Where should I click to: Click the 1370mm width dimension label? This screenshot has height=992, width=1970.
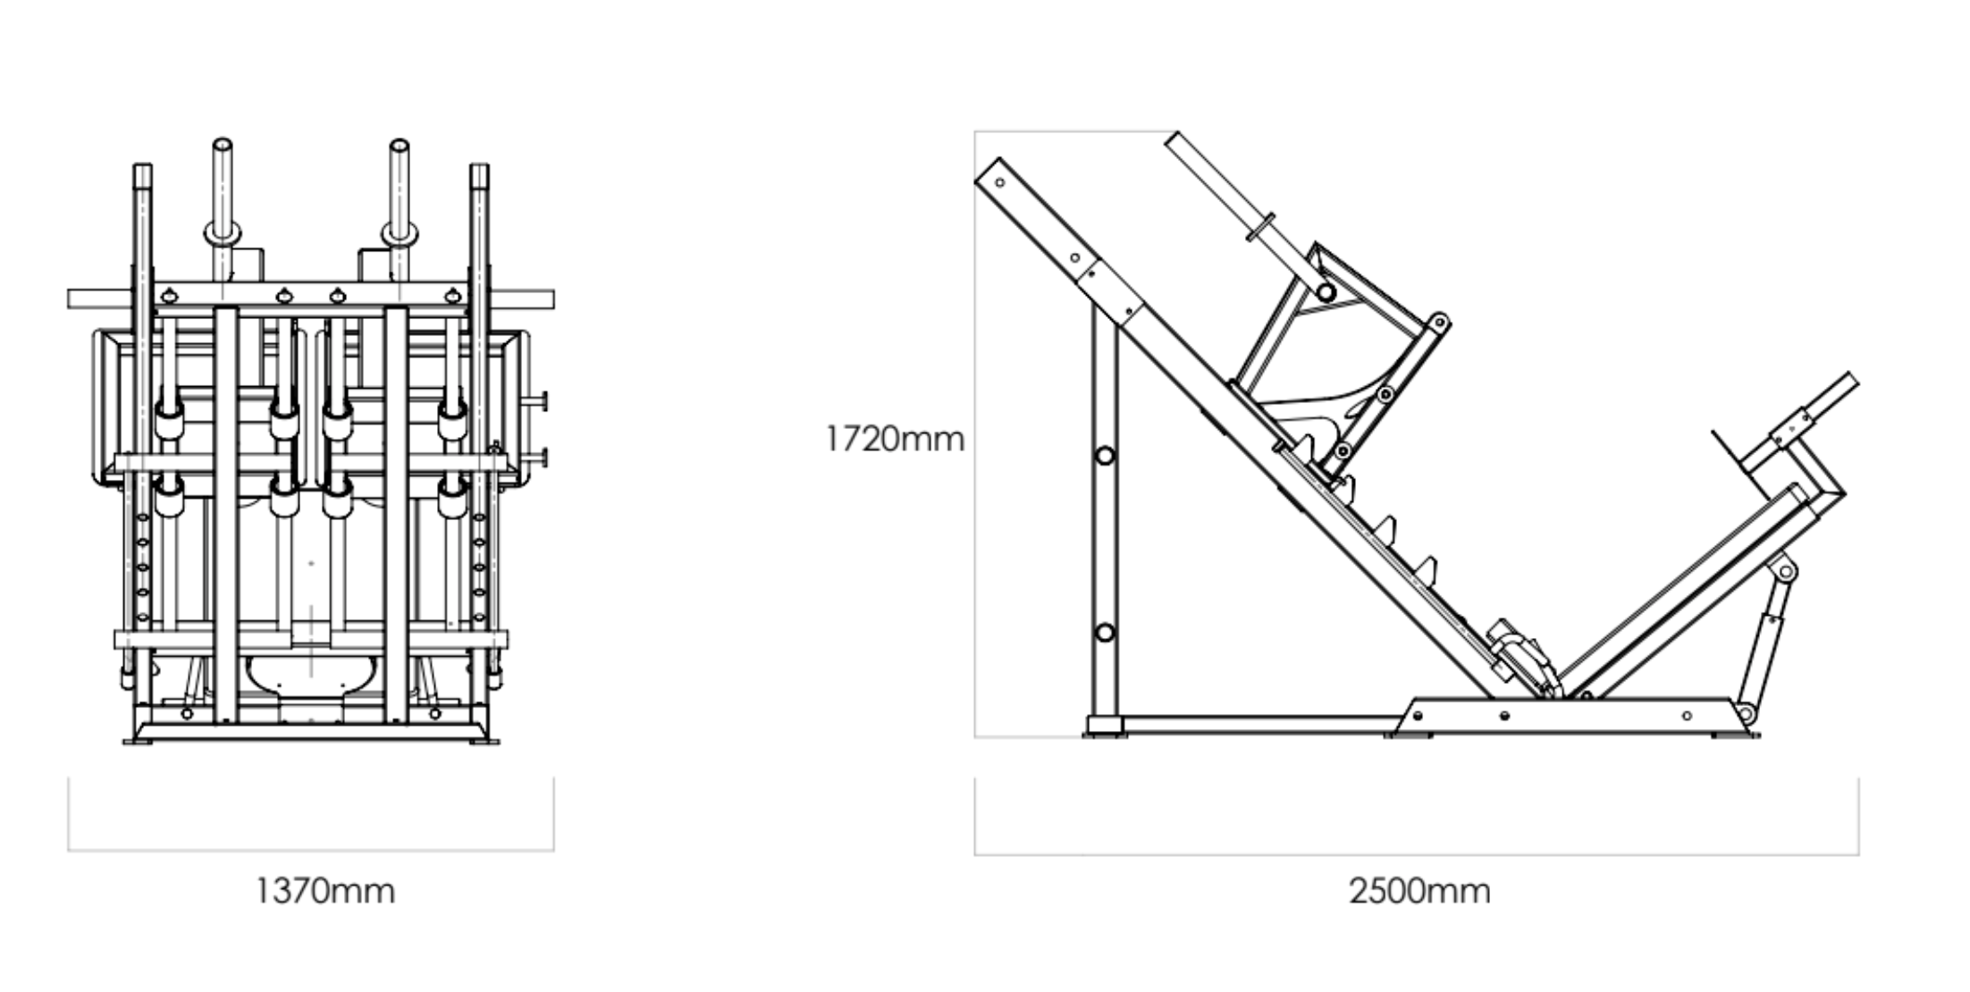click(x=325, y=891)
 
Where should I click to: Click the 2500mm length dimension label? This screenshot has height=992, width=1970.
click(x=1419, y=891)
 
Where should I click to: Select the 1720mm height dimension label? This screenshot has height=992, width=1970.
click(x=895, y=439)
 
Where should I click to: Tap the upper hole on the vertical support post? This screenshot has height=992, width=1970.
click(x=1105, y=456)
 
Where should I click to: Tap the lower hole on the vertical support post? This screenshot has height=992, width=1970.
click(x=1105, y=633)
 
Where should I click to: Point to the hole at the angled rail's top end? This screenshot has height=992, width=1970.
click(x=999, y=183)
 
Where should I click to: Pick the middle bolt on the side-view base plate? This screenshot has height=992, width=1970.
click(x=1504, y=716)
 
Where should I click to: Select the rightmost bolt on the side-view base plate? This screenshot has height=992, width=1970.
click(x=1687, y=716)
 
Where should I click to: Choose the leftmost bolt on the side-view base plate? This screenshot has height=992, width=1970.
click(x=1418, y=716)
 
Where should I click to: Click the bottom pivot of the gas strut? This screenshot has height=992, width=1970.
click(x=1743, y=713)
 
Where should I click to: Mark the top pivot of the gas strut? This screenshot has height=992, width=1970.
click(x=1785, y=571)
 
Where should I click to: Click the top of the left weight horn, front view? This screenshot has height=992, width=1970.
click(x=223, y=144)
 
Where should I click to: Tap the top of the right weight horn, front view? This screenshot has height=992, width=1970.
click(x=399, y=145)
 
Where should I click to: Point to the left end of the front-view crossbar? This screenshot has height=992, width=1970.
click(x=70, y=299)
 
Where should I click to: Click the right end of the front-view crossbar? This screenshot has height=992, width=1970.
click(x=551, y=299)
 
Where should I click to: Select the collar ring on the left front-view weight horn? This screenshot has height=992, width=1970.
click(x=223, y=232)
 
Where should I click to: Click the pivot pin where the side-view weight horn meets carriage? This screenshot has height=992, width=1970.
click(x=1326, y=292)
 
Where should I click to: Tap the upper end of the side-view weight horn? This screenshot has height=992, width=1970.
click(x=1174, y=139)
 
